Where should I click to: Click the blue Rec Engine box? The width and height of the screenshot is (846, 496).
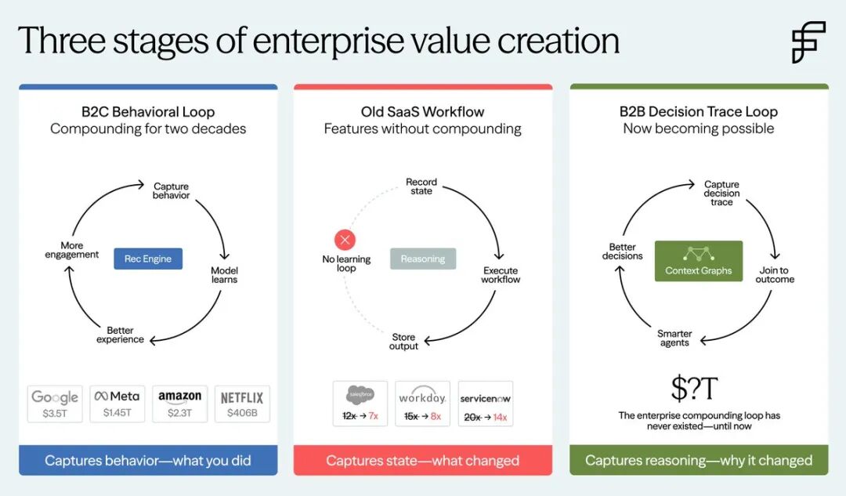click(148, 259)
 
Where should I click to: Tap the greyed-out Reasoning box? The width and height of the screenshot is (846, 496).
click(423, 259)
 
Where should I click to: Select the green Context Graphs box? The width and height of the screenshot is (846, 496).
click(699, 261)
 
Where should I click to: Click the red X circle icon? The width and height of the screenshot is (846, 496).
click(345, 240)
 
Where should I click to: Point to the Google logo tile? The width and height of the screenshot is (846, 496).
click(55, 404)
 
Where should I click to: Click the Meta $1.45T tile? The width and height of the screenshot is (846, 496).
click(117, 404)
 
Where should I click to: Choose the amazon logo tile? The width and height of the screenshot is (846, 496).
click(179, 404)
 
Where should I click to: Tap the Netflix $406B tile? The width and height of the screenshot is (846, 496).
click(242, 404)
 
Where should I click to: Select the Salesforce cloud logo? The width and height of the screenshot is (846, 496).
click(360, 395)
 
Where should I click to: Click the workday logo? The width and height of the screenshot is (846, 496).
click(422, 396)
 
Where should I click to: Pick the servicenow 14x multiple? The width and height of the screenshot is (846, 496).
click(500, 417)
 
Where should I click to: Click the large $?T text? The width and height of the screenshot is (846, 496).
click(694, 388)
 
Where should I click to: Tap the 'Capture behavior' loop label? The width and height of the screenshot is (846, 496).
click(171, 190)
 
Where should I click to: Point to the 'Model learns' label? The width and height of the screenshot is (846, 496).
click(225, 275)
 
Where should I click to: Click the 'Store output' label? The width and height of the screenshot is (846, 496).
click(403, 341)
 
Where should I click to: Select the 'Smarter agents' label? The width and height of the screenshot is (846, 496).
click(674, 338)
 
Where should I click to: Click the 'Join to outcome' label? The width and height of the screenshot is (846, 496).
click(775, 275)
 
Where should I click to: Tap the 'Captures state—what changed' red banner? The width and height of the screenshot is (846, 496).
click(423, 461)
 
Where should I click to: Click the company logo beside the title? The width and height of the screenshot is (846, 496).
click(808, 42)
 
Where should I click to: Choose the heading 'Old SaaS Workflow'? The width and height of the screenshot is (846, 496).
click(422, 112)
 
